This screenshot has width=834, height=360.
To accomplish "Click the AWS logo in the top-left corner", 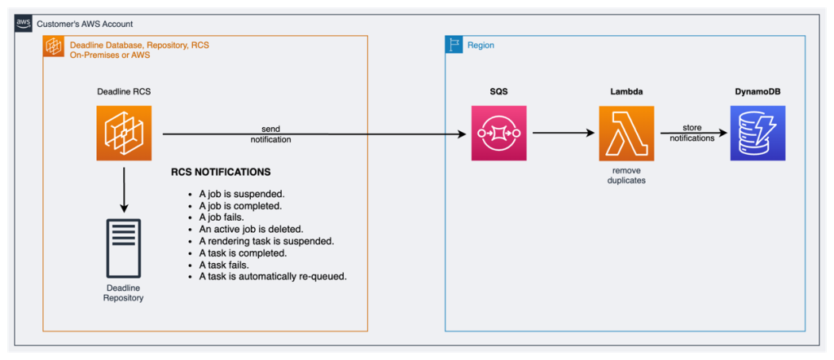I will tap(24, 24).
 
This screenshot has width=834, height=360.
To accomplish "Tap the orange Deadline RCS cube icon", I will tap(124, 134).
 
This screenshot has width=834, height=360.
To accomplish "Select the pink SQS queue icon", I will tap(498, 134).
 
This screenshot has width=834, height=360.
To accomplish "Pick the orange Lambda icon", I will tap(626, 134).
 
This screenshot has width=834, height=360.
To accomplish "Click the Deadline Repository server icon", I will tap(124, 248).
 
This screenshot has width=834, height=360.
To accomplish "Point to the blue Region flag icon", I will tap(454, 46).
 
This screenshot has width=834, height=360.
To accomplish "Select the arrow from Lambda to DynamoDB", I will tap(692, 134).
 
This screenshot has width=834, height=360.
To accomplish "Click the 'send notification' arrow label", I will tap(270, 134).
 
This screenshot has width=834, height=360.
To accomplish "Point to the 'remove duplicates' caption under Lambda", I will tap(626, 174).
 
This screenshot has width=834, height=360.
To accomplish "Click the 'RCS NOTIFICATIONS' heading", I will tap(221, 173).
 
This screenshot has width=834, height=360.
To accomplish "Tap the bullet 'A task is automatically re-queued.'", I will tap(273, 276).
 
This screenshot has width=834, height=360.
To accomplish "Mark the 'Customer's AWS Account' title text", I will tap(85, 24).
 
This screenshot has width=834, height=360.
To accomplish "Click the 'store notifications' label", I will tap(692, 134).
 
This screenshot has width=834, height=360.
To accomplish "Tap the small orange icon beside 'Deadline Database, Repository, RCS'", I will tap(54, 47).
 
